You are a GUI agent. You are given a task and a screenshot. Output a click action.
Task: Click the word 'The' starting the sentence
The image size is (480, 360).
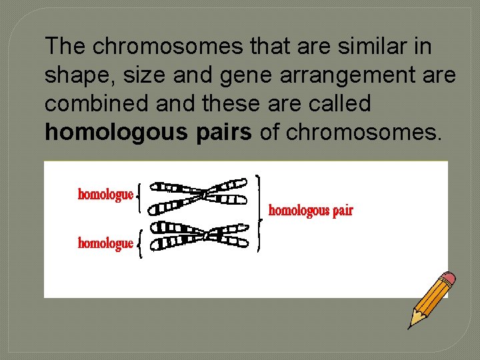tap(66, 47)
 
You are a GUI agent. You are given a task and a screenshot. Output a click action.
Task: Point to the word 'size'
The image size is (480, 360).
tap(147, 75)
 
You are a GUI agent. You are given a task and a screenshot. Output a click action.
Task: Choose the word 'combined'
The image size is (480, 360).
tap(93, 103)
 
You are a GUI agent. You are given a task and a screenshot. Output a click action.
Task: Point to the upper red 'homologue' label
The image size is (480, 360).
tap(106, 195)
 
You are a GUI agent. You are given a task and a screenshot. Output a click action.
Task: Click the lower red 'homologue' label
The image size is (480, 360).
tap(106, 243)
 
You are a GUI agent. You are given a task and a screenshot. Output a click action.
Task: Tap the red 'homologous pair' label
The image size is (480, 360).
tap(311, 211)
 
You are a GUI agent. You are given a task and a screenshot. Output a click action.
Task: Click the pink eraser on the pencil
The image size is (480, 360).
tap(449, 278)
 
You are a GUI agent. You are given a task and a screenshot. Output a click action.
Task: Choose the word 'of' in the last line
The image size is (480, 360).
tap(269, 132)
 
